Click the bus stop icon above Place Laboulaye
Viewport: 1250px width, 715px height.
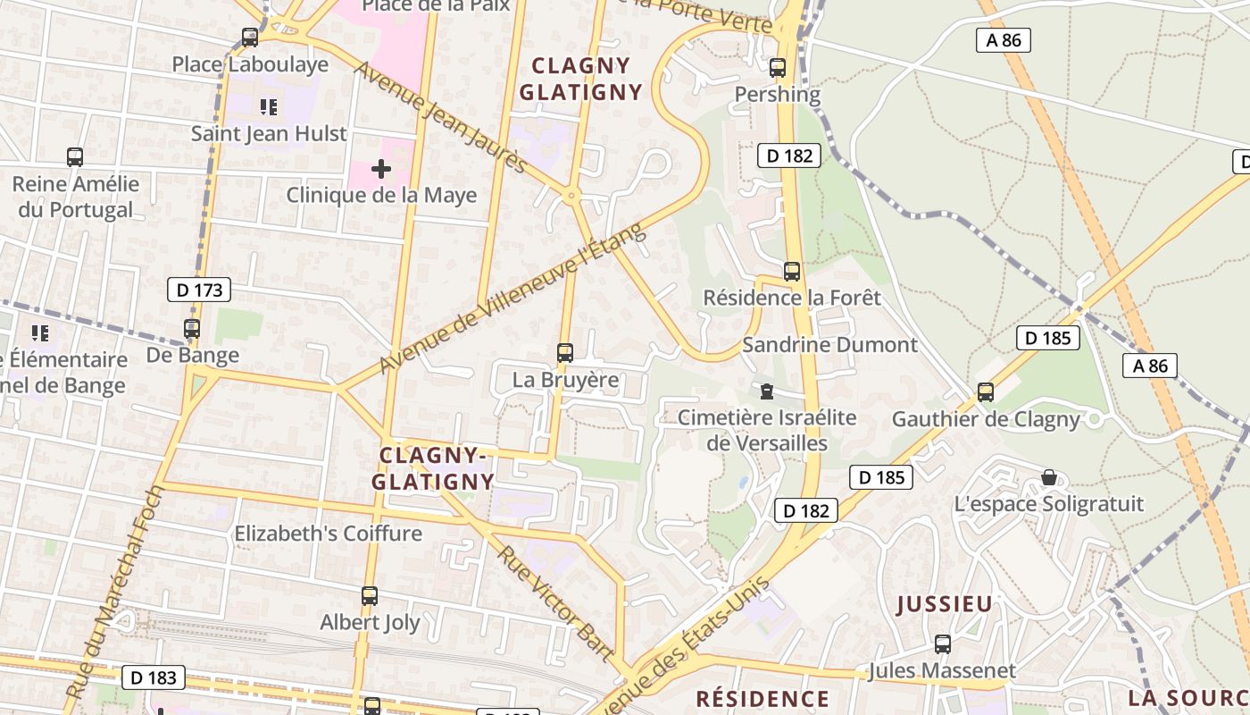pos(250,38)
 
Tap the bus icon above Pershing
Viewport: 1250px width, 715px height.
pos(778,67)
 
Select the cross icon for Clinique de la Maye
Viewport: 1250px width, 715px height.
pos(381,168)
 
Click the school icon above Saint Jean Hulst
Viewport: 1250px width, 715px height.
pos(269,107)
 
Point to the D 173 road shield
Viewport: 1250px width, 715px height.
pos(199,290)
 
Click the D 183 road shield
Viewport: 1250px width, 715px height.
pos(154,677)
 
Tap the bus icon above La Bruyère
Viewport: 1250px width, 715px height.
pos(565,352)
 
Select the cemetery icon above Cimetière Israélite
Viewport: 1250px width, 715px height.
pos(766,391)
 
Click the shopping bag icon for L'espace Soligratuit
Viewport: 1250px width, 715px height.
pos(1049,477)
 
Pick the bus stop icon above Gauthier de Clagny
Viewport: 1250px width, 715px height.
pos(986,391)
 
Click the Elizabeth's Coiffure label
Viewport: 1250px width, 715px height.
pos(328,534)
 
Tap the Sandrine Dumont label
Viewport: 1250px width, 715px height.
pos(829,345)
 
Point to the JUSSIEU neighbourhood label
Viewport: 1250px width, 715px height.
pos(945,604)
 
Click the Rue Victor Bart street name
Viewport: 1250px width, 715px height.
pos(556,603)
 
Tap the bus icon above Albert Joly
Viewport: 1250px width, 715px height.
pos(370,595)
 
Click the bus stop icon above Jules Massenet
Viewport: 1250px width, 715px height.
pos(943,643)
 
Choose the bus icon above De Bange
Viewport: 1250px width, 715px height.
pos(192,328)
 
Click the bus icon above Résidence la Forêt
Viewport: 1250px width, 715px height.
pos(792,271)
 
